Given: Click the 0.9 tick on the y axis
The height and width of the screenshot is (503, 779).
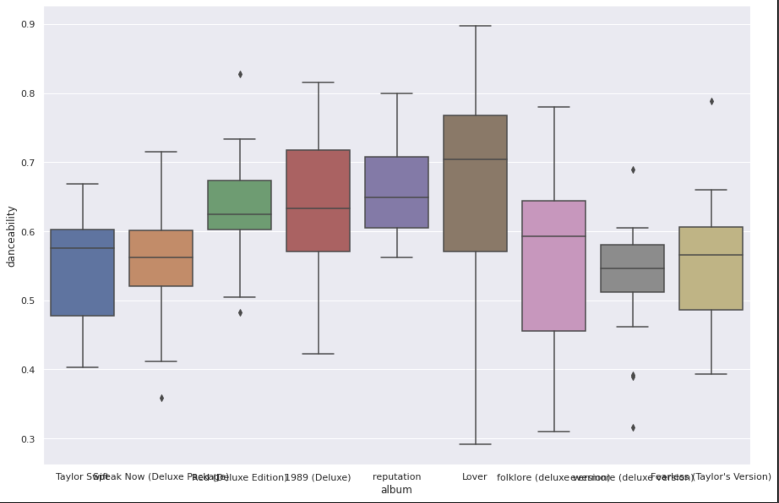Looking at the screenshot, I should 28,25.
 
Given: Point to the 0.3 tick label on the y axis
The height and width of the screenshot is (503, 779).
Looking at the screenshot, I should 28,439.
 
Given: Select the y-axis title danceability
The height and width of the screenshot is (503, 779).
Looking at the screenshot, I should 11,237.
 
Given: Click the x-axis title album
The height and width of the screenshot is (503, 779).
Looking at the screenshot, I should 396,490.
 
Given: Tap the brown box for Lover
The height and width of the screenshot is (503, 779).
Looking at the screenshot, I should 475,203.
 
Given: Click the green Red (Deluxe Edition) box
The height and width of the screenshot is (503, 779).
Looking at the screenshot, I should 240,199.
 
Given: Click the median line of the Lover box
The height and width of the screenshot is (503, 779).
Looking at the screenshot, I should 475,159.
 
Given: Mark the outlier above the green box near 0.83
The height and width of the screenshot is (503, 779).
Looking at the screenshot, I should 240,74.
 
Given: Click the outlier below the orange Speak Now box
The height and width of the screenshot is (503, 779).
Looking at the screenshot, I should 162,398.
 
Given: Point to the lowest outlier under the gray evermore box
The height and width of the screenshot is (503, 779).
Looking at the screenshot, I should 633,428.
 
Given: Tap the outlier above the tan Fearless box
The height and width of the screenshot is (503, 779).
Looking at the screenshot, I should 712,101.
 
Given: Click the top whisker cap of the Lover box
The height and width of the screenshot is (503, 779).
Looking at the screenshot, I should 475,26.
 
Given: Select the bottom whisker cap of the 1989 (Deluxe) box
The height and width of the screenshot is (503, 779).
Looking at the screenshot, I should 318,354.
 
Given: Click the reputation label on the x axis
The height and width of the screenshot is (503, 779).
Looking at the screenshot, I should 397,477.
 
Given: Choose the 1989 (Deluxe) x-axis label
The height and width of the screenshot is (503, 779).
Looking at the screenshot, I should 318,477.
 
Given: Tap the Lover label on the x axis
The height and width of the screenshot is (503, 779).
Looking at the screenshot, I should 474,477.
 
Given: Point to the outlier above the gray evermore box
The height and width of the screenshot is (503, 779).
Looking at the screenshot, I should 633,170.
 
